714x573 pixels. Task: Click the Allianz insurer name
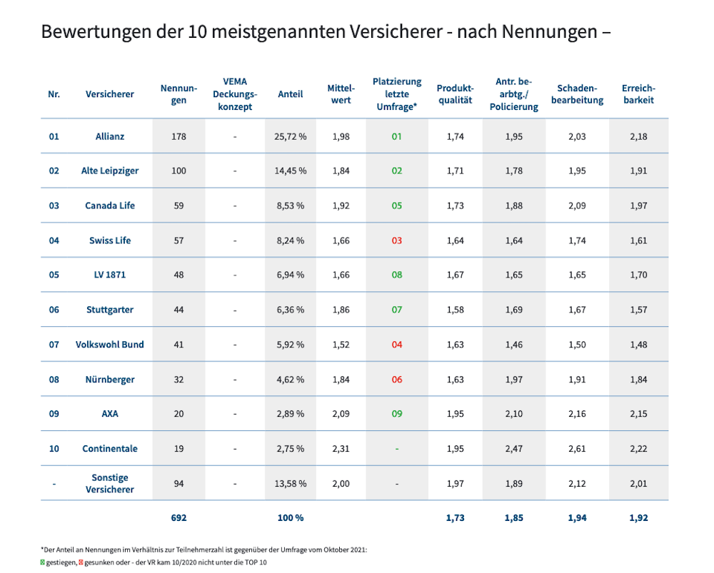110,136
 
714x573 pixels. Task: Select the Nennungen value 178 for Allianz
178,136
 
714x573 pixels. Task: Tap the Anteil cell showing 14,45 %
291,171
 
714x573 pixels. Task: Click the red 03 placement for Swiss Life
396,240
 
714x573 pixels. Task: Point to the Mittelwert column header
341,94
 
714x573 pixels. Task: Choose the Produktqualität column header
456,94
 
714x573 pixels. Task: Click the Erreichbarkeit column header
638,94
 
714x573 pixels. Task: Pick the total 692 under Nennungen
178,517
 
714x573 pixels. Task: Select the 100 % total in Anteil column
291,517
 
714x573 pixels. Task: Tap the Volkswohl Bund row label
110,345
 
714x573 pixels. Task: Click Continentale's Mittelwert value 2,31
341,449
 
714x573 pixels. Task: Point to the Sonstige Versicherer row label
110,483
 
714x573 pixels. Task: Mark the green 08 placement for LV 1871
396,275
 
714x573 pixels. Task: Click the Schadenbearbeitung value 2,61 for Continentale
577,449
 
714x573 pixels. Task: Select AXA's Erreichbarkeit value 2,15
638,414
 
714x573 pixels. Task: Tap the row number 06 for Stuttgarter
54,310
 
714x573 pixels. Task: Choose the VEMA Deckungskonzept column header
235,94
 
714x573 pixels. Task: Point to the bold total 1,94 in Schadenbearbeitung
577,517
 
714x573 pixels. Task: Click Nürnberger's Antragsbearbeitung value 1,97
513,379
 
